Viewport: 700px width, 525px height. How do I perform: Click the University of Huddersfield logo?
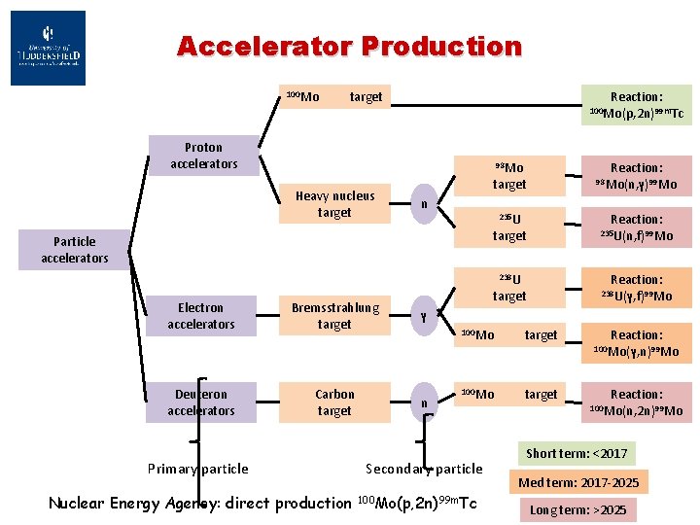click(48, 48)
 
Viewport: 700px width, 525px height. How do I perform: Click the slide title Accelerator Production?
click(349, 46)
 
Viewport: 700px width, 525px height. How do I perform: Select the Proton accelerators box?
click(203, 156)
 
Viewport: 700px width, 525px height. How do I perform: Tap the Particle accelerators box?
click(74, 250)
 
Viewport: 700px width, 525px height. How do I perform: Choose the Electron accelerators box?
click(200, 316)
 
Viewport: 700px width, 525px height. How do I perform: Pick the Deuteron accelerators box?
click(200, 402)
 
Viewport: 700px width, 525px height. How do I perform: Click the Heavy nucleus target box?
click(334, 204)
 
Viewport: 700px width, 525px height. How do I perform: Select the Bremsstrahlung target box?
click(334, 316)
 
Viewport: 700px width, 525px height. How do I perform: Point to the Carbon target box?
click(334, 402)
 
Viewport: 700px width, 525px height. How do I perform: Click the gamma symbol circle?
click(422, 316)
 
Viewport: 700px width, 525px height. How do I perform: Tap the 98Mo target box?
click(508, 176)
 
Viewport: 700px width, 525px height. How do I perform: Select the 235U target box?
click(508, 227)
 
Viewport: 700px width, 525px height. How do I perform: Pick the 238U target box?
click(508, 288)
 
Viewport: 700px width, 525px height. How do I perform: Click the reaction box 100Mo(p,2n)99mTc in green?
click(636, 106)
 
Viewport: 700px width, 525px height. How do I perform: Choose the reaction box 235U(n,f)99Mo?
click(636, 227)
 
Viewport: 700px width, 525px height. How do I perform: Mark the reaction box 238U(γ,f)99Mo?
click(636, 288)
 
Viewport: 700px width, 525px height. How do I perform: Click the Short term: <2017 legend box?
click(577, 453)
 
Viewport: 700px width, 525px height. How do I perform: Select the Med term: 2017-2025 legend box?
click(578, 482)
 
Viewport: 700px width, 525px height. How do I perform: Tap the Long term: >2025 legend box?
click(577, 510)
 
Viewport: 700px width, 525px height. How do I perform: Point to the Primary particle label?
click(197, 469)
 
